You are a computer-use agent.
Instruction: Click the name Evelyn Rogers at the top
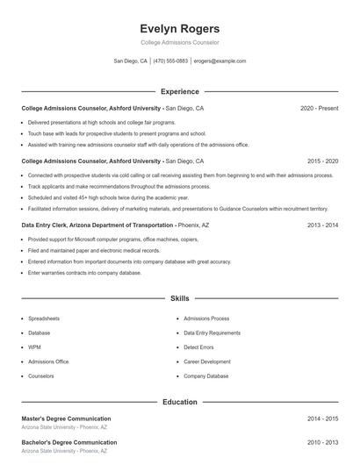coord(180,28)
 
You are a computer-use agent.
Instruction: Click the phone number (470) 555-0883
coord(171,61)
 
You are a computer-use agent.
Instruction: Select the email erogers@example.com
coord(220,61)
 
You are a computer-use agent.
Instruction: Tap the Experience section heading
coord(180,91)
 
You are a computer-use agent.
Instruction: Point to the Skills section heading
coord(180,299)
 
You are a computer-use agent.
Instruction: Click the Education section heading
coord(180,402)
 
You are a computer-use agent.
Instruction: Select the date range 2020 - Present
coord(319,108)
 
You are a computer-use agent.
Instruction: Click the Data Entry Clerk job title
coord(53,225)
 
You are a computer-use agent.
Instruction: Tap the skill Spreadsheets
coord(44,318)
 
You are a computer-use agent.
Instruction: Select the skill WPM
coord(35,347)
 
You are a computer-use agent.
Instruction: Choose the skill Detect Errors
coord(199,347)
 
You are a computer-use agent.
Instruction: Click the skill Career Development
coord(207,361)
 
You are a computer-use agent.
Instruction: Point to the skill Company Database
coord(206,376)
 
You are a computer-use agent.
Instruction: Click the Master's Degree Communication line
coord(66,418)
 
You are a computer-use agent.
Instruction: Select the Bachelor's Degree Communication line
coord(68,442)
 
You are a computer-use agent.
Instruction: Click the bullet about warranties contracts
coord(84,273)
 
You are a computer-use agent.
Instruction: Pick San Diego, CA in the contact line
coord(131,61)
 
